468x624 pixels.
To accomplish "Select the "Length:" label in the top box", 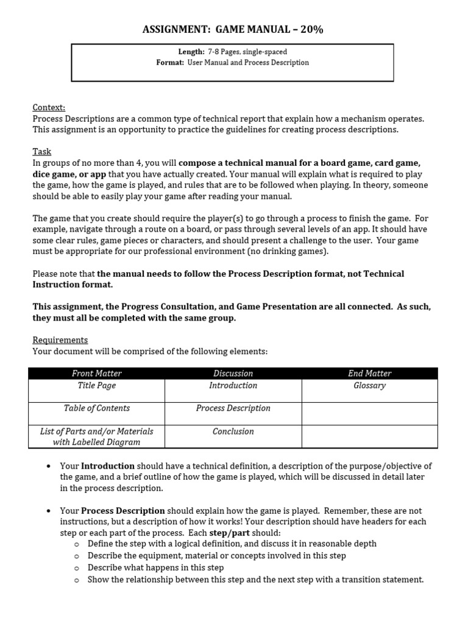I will click(x=191, y=52).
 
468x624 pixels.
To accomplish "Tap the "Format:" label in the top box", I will click(x=170, y=63).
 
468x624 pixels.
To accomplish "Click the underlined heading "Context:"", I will click(x=49, y=107).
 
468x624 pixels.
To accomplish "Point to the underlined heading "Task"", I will click(x=42, y=151).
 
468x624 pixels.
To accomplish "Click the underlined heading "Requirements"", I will click(x=60, y=340).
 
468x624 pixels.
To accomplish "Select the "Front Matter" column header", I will click(x=97, y=374).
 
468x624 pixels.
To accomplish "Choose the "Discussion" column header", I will click(x=233, y=374).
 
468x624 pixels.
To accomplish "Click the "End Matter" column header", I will click(x=369, y=374).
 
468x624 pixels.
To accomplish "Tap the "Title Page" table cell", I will click(x=97, y=386).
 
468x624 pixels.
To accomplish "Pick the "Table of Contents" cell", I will click(x=97, y=408).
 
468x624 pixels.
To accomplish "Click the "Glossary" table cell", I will click(x=369, y=386).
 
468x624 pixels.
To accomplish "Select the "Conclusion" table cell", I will click(x=233, y=431).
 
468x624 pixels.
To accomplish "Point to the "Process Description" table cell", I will click(x=233, y=408).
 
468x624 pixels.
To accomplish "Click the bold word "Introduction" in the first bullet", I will click(x=108, y=466).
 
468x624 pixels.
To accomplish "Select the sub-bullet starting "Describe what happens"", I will click(x=156, y=568).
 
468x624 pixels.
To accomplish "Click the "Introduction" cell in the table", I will click(x=233, y=386).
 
